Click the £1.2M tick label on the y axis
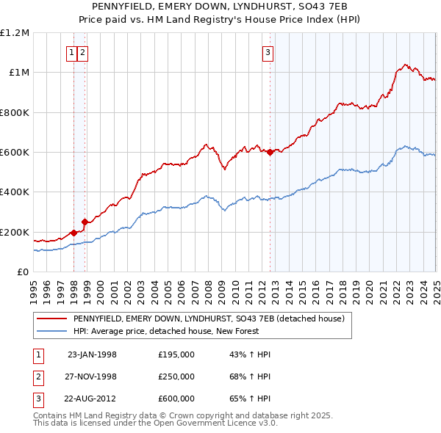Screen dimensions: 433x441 click(15, 32)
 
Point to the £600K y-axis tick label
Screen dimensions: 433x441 click(15, 152)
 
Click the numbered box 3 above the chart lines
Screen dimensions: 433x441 click(268, 52)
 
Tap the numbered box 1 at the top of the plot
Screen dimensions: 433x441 click(72, 52)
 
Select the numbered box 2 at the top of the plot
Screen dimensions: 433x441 click(82, 52)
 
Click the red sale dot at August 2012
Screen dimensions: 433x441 click(270, 153)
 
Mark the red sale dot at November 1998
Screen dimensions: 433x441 click(85, 222)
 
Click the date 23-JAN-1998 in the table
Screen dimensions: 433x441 click(92, 354)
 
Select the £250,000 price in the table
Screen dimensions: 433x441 click(176, 376)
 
